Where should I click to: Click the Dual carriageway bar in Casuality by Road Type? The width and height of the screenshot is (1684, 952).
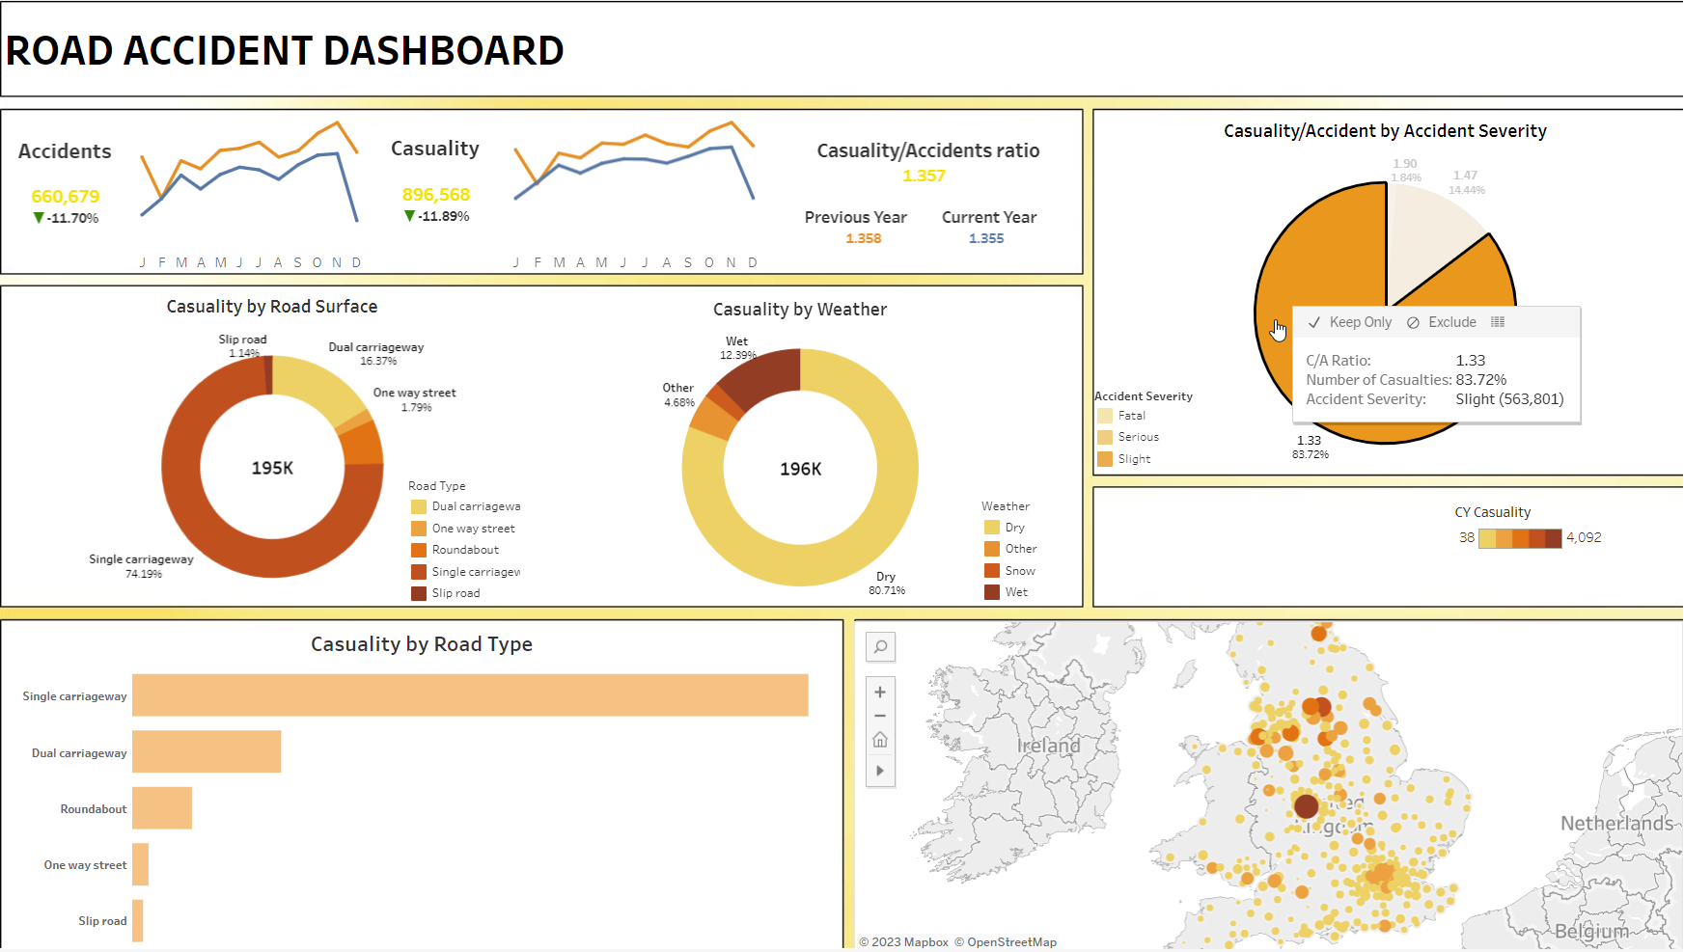pos(206,752)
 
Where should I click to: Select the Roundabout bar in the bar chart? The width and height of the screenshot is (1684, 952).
pos(161,808)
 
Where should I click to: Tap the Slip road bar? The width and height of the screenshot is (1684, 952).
pos(138,920)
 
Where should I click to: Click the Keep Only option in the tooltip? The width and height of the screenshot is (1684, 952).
pos(1350,322)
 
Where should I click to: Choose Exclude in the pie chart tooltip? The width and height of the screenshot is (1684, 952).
pos(1442,322)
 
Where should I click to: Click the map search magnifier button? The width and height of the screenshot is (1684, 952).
pos(880,647)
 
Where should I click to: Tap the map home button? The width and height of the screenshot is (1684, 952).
pos(880,740)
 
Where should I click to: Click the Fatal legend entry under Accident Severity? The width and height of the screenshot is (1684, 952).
pos(1131,416)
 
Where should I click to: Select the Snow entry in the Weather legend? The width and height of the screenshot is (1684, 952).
pos(1019,571)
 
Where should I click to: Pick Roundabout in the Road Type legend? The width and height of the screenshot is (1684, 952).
pos(465,550)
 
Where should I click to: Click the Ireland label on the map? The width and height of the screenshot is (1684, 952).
pos(1048,746)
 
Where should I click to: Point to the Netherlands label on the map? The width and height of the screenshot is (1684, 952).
pos(1616,823)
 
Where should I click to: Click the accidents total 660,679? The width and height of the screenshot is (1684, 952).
pos(66,197)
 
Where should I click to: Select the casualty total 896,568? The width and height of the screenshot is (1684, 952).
pos(436,195)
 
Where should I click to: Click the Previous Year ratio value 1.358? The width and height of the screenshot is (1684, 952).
pos(864,238)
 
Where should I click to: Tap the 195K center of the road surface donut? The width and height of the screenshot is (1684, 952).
pos(272,468)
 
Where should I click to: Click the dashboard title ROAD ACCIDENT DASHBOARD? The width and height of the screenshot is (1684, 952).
pos(285,50)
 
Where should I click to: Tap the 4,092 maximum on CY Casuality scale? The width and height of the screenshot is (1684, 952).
pos(1584,537)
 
